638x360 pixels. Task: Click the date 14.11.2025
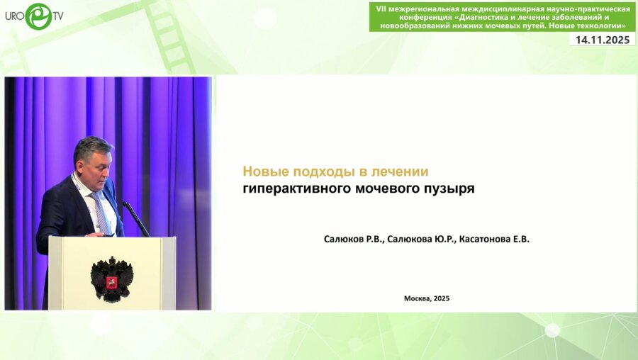(x=603, y=40)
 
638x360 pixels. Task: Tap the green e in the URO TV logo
(x=38, y=16)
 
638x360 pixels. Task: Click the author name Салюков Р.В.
(x=354, y=240)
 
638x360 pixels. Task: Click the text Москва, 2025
(x=427, y=298)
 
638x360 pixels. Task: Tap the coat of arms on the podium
(x=111, y=279)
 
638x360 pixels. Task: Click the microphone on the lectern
(x=136, y=219)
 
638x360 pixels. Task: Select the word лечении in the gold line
(x=401, y=171)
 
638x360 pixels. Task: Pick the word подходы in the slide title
(x=320, y=171)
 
